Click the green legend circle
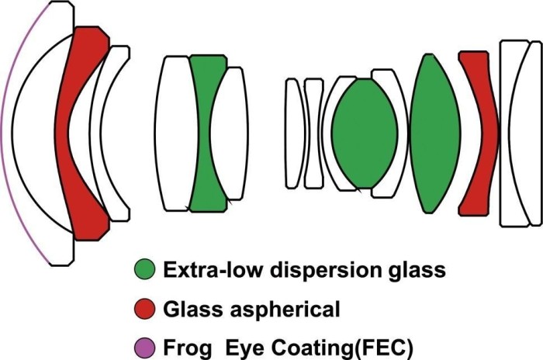pyautogui.click(x=144, y=272)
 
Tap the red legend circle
pyautogui.click(x=144, y=310)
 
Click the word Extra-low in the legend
pyautogui.click(x=205, y=272)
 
